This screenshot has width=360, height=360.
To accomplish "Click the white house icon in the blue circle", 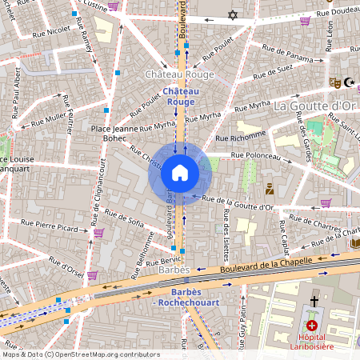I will coord(180,173).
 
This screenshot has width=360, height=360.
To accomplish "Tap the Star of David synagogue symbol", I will coord(233,15).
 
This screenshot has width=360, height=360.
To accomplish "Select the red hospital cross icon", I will coord(311,326).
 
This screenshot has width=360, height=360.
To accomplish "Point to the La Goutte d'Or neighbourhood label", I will coord(314,106).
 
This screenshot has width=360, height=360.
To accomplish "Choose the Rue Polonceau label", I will coord(257,155).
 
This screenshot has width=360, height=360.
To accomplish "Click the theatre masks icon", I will coord(335,82).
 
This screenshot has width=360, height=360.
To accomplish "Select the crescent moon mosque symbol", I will coord(349,82).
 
